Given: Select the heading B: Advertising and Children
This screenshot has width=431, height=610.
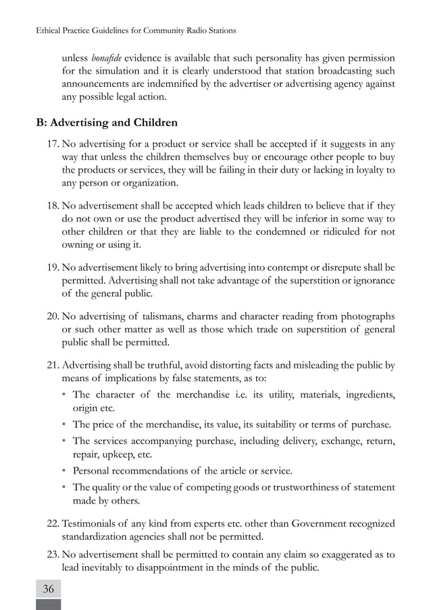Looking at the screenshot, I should pyautogui.click(x=107, y=123).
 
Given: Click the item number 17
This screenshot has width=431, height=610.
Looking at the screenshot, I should pyautogui.click(x=52, y=143).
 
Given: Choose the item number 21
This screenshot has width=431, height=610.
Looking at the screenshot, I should pyautogui.click(x=52, y=365).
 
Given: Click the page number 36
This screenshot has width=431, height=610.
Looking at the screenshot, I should pyautogui.click(x=48, y=588).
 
